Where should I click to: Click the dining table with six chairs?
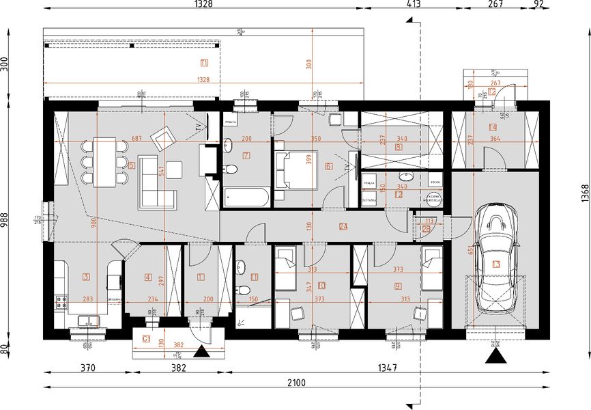point(104,161)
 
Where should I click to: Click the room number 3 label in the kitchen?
point(86,277)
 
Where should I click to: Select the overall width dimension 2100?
point(296,383)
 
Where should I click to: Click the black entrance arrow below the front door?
point(201,353)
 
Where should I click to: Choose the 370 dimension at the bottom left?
point(87,368)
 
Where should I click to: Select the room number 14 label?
point(491,128)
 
